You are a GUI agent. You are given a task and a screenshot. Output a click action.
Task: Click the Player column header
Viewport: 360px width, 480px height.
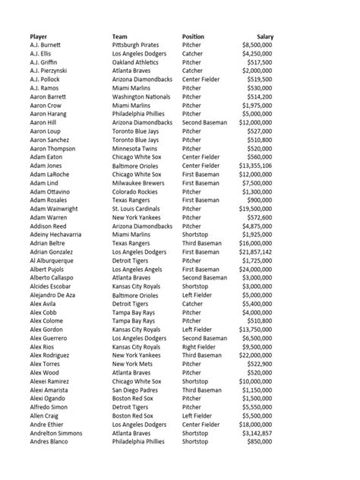39,36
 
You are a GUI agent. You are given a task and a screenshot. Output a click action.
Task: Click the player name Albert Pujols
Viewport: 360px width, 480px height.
49,269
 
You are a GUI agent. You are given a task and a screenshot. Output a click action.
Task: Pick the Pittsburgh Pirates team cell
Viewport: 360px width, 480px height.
140,46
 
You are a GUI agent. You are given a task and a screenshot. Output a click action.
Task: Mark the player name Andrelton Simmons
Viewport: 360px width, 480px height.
57,431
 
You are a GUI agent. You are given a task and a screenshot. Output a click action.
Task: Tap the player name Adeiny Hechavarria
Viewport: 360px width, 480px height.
58,234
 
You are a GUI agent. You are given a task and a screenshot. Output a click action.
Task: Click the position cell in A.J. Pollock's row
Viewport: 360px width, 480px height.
201,80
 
